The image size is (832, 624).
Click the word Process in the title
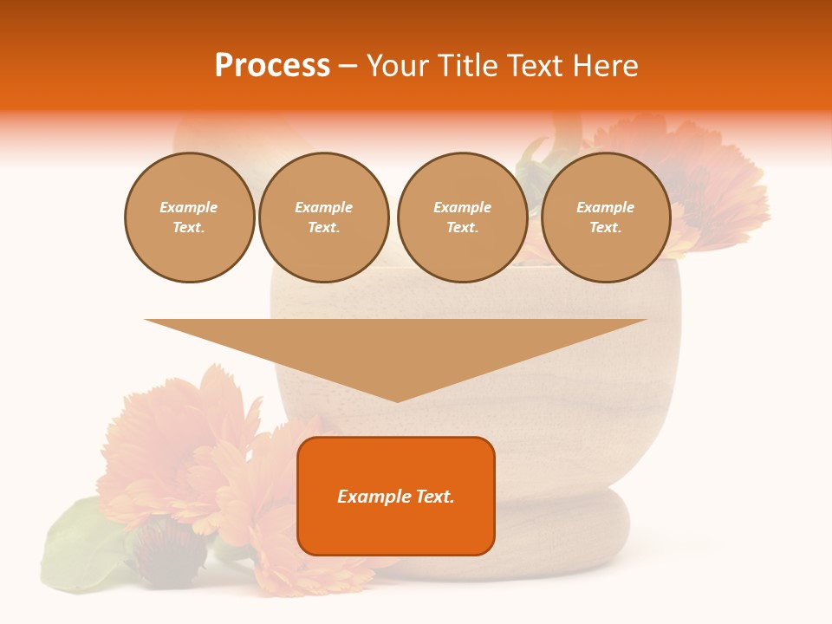point(272,66)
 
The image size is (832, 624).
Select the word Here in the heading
point(607,66)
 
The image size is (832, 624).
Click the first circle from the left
point(189,218)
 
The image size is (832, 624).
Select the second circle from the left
point(323,218)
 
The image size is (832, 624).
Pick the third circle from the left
point(462,218)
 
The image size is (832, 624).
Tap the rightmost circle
point(605,218)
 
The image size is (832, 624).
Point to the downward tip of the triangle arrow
point(397,398)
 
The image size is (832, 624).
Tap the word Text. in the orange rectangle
point(434,497)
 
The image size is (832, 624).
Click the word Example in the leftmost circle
point(189,207)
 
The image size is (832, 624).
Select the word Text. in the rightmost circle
point(605,228)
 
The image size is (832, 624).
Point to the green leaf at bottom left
point(78,546)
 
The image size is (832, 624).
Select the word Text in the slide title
point(531,66)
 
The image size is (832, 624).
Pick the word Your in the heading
point(398,66)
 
